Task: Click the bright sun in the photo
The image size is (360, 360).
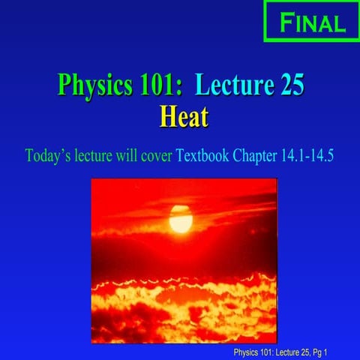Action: click(180, 219)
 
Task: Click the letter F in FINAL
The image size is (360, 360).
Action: click(286, 22)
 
